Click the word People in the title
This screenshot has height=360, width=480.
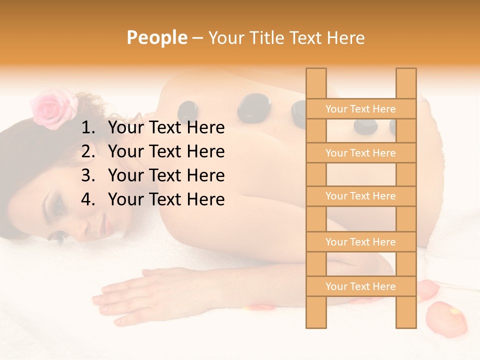tap(156, 37)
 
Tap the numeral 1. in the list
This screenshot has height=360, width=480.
tap(88, 128)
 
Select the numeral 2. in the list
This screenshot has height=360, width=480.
tap(88, 151)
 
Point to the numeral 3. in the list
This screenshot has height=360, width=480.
tap(88, 175)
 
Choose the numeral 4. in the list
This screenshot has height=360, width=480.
tap(88, 199)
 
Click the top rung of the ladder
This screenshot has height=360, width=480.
tap(360, 109)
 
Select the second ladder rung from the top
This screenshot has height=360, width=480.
tap(360, 153)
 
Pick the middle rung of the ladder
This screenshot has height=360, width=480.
tap(360, 196)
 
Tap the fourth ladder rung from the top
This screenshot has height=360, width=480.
tap(360, 242)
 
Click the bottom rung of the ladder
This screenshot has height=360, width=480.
tap(360, 286)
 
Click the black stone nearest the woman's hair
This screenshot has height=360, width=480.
tap(187, 111)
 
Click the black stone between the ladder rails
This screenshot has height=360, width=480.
tap(365, 126)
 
